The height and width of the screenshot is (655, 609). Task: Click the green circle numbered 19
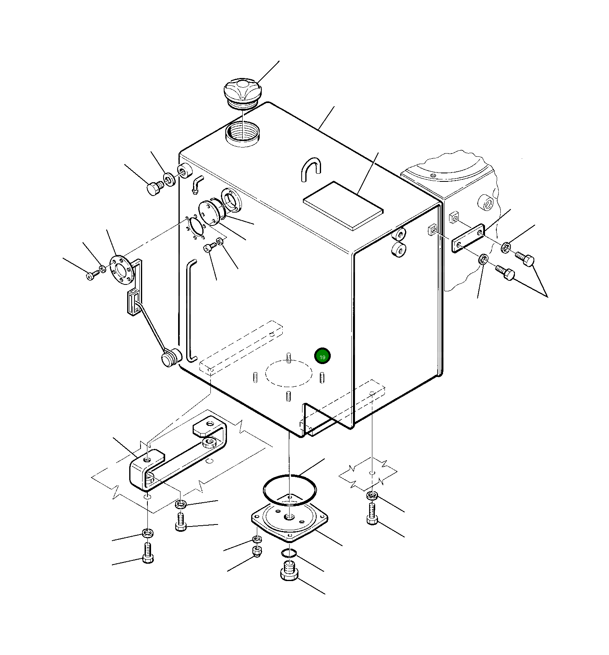322,356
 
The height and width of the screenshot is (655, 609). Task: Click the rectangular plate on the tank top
343,206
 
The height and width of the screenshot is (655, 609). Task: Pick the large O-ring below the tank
290,490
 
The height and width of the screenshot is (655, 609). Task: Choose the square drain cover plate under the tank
289,521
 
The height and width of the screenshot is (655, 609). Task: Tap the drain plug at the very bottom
289,571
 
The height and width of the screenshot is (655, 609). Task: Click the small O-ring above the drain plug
289,553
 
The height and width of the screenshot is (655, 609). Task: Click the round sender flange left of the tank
122,269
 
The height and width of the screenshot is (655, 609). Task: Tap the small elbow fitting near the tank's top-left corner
197,184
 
